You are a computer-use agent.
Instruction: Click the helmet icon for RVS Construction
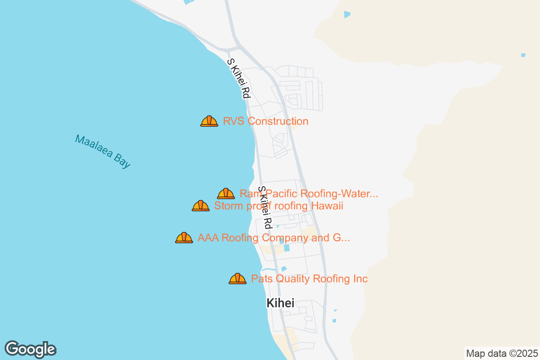[209, 121]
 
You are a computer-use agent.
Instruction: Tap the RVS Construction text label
[265, 121]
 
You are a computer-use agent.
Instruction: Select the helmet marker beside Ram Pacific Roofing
[226, 193]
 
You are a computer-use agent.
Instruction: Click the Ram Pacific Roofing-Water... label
[309, 194]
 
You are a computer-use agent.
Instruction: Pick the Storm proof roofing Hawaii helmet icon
[201, 206]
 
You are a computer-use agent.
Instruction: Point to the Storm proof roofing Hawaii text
[279, 206]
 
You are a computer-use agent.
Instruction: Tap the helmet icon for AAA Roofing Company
[184, 238]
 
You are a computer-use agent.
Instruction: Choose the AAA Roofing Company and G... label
[274, 238]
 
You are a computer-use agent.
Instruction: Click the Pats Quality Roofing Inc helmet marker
[238, 279]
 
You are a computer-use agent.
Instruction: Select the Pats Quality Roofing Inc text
[309, 279]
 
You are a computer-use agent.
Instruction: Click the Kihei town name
[280, 303]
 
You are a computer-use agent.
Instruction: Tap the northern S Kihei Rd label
[238, 79]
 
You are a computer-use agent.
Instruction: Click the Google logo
[30, 349]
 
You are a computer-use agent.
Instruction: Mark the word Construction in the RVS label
[278, 121]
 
